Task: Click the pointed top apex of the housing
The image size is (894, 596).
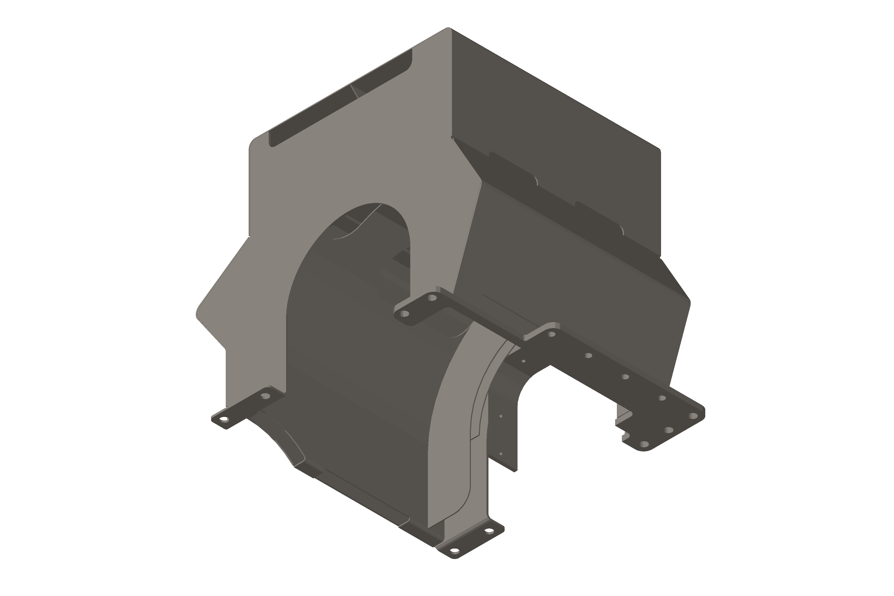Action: pyautogui.click(x=448, y=29)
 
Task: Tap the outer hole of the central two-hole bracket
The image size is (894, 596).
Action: pyautogui.click(x=405, y=314)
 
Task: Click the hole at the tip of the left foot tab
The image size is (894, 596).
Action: pyautogui.click(x=224, y=420)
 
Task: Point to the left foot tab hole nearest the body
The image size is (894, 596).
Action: pyautogui.click(x=266, y=396)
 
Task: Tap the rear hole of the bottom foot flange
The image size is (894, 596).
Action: pyautogui.click(x=489, y=531)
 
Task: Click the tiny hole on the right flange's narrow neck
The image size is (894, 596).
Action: pyautogui.click(x=523, y=361)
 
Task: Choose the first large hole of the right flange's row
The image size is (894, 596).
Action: pyautogui.click(x=552, y=335)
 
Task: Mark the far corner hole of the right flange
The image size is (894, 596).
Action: pyautogui.click(x=694, y=416)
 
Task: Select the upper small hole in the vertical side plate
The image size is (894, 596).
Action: pyautogui.click(x=501, y=416)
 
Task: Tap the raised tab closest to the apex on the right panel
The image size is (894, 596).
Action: pyautogui.click(x=513, y=167)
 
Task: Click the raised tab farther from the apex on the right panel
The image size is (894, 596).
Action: pyautogui.click(x=599, y=218)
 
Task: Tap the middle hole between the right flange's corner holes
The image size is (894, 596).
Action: pyautogui.click(x=669, y=430)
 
